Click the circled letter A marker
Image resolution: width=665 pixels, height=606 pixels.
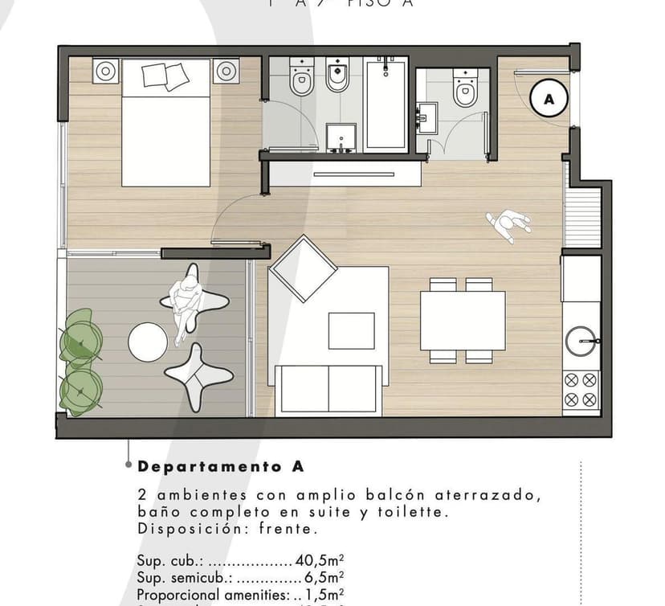(x=549, y=99)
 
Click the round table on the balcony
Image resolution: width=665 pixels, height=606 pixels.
(x=148, y=342)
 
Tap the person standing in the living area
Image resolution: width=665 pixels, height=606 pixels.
(x=508, y=224)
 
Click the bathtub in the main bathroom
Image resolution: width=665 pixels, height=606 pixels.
(x=386, y=104)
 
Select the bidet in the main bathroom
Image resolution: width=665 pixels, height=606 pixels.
(x=337, y=76)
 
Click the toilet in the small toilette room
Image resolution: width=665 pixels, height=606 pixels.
(x=465, y=88)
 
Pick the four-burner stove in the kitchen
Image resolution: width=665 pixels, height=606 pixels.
(x=581, y=389)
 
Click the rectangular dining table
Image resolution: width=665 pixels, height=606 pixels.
(x=463, y=320)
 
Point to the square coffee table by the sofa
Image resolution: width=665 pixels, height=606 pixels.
(x=351, y=330)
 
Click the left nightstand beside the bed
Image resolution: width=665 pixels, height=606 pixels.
(x=105, y=72)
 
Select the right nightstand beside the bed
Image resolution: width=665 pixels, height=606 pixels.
(x=226, y=72)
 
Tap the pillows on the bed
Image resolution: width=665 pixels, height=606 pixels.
(x=165, y=76)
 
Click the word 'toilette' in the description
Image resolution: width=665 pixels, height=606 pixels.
(x=415, y=511)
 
